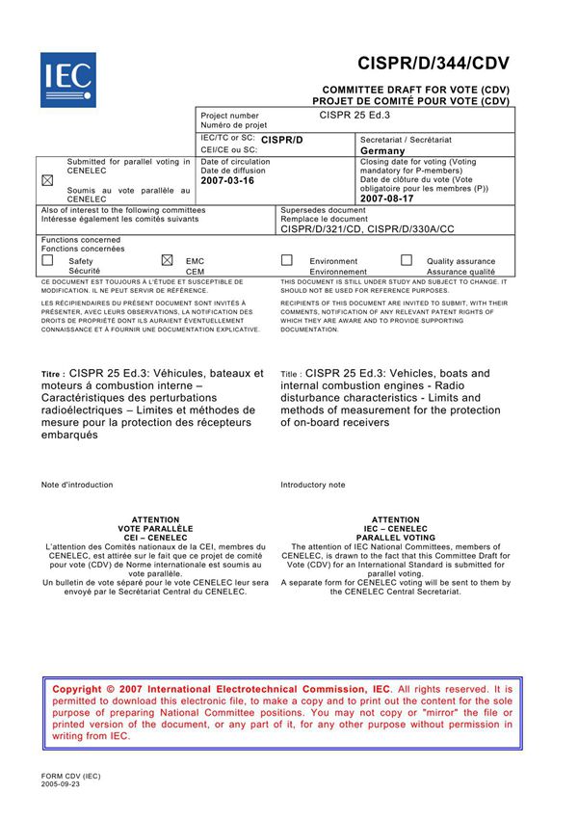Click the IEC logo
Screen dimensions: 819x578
[67, 78]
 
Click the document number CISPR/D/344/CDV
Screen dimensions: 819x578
[433, 64]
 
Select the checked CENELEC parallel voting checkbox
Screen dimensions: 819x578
[47, 180]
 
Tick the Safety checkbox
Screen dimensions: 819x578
[47, 260]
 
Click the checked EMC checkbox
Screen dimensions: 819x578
[167, 260]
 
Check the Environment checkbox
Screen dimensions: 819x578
[286, 260]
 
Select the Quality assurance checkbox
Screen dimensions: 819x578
[407, 260]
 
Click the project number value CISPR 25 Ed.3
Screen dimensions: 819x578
[355, 115]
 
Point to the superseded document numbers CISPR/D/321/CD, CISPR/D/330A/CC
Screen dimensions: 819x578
[367, 228]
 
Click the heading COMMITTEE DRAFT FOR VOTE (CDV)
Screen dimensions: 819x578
[415, 88]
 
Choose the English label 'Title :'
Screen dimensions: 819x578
[292, 375]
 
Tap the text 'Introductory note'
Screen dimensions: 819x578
[312, 485]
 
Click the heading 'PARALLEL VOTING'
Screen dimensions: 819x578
[396, 538]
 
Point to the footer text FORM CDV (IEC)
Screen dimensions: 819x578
[70, 776]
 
